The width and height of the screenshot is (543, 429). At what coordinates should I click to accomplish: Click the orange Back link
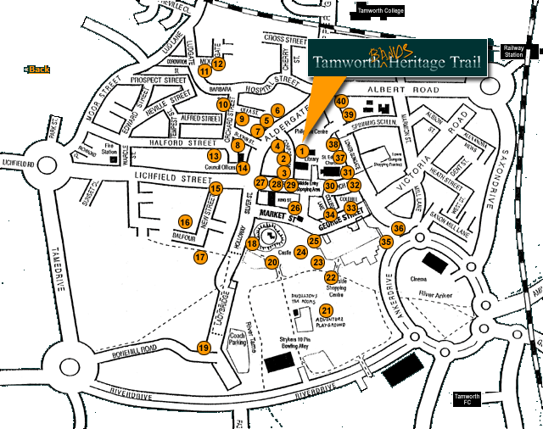[38, 70]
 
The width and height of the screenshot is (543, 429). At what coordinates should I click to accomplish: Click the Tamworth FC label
[467, 400]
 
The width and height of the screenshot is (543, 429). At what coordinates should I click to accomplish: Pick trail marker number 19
[203, 348]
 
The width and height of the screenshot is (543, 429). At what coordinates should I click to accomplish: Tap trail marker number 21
[326, 311]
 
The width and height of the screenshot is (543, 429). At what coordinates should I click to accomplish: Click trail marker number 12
[218, 63]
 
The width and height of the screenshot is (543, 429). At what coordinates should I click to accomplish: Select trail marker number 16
[185, 222]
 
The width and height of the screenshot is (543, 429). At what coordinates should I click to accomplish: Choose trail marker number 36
[398, 228]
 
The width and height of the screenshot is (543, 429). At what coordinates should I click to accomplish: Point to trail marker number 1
[302, 150]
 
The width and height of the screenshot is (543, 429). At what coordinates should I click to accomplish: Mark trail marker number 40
[341, 101]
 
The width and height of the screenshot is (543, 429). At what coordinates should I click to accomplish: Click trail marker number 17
[200, 256]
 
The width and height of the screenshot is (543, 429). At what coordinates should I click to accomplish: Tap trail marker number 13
[215, 155]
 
